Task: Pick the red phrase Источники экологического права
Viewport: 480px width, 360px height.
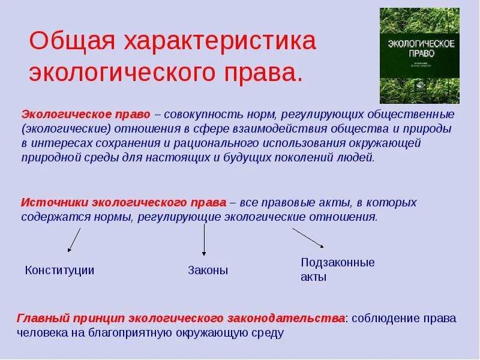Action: coord(124,202)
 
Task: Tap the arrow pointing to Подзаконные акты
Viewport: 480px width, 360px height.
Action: coord(308,237)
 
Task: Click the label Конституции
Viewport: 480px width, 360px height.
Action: coord(60,270)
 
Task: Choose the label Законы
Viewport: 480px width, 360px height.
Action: coord(208,271)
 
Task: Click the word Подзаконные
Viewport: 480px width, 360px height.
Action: coord(337,262)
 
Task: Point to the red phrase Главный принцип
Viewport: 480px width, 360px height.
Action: coord(56,318)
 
